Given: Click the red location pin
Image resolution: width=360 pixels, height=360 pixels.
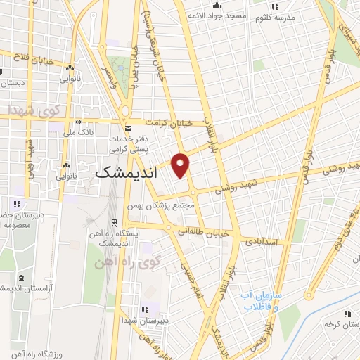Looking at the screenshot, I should point(181,164).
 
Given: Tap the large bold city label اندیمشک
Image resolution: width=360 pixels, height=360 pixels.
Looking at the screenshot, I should point(126,172).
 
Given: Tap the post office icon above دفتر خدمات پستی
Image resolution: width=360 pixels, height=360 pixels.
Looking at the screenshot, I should point(127,129).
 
